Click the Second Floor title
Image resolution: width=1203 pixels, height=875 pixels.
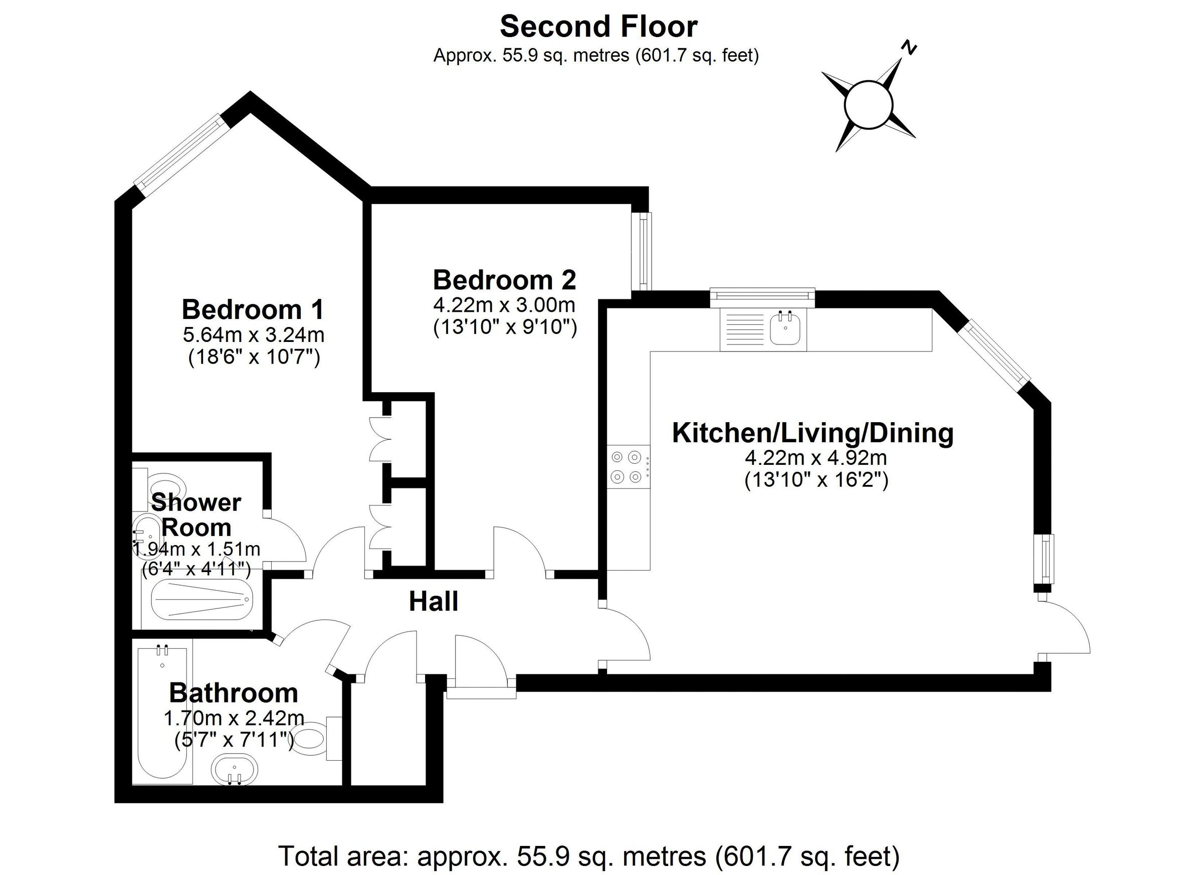(598, 27)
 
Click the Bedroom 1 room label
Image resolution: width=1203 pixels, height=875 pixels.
(253, 309)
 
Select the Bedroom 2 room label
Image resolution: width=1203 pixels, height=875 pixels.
(504, 280)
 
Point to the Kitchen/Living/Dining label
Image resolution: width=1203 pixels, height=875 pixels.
(813, 433)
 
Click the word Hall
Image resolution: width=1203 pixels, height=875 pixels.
(434, 602)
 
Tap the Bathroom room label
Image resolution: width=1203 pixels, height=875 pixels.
(234, 693)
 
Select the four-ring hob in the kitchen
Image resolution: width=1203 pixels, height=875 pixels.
(627, 467)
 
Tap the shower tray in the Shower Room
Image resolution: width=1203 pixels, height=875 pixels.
(202, 599)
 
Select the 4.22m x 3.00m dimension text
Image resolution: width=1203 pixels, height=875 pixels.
(504, 305)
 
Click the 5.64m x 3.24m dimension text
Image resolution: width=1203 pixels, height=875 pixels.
(254, 335)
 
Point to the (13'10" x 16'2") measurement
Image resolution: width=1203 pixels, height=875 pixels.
(817, 481)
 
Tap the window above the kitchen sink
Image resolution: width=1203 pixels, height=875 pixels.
(762, 297)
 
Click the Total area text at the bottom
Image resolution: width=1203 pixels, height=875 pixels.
(589, 856)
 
